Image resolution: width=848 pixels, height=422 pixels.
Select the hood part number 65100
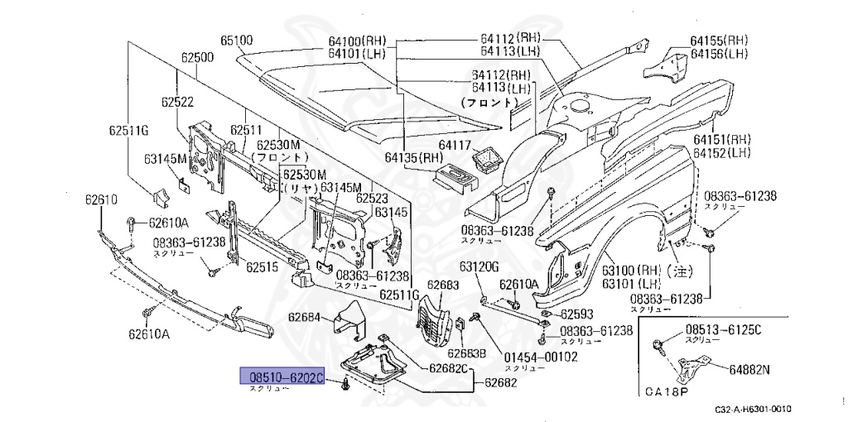coord(236,40)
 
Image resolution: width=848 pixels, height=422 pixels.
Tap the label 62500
coord(198,58)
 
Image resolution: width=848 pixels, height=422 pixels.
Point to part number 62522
coord(177,102)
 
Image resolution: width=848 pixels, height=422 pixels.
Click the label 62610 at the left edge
coord(101,199)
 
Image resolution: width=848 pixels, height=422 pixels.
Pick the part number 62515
coord(261,268)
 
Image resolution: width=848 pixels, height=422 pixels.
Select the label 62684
coord(304,317)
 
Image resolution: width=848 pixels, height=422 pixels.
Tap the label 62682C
coord(449,367)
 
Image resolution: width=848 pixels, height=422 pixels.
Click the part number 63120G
coord(480,266)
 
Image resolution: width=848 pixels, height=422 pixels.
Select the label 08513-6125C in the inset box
coord(723,329)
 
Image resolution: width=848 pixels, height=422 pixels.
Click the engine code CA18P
coord(668,391)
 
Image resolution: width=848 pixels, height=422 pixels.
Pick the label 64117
coord(455,145)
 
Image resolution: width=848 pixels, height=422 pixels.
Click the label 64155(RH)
coord(719,40)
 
